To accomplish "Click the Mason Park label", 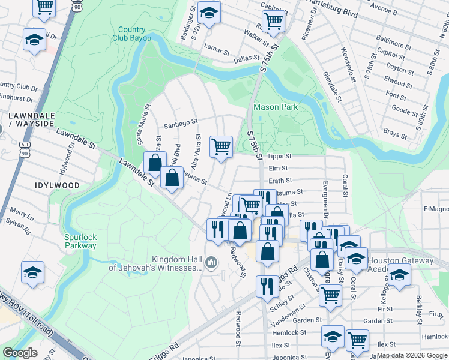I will pyautogui.click(x=276, y=107).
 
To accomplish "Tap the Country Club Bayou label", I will pyautogui.click(x=131, y=34).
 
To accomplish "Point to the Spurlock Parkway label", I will pyautogui.click(x=80, y=241).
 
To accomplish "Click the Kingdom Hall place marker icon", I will pyautogui.click(x=211, y=262).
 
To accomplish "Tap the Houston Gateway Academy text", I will pyautogui.click(x=400, y=265).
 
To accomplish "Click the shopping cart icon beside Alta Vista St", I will pyautogui.click(x=221, y=146).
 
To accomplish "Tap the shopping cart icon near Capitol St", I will pyautogui.click(x=273, y=20).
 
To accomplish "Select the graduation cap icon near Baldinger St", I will pyautogui.click(x=209, y=12).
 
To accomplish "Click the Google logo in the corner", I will pyautogui.click(x=20, y=353).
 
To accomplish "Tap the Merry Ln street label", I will pyautogui.click(x=22, y=216).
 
